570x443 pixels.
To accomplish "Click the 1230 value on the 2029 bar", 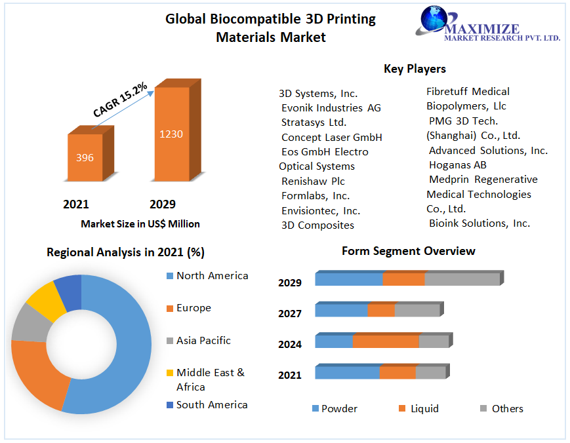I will (171, 134).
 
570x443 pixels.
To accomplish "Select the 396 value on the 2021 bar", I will (85, 158).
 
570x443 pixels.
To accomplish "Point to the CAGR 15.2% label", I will (120, 100).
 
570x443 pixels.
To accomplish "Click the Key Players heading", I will (415, 69).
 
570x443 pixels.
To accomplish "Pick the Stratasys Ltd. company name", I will (314, 123).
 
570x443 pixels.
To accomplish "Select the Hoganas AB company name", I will (457, 165).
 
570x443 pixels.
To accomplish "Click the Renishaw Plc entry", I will (313, 182).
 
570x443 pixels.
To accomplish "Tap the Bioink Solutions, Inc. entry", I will (479, 223).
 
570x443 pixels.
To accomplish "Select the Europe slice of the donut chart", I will (36, 374).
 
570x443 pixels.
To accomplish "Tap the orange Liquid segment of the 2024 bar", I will (386, 341).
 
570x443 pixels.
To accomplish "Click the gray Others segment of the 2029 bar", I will (462, 279).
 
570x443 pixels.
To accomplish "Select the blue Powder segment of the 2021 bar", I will (348, 372).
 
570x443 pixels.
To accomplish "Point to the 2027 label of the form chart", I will (290, 314).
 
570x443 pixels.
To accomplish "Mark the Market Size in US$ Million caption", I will (140, 224).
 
